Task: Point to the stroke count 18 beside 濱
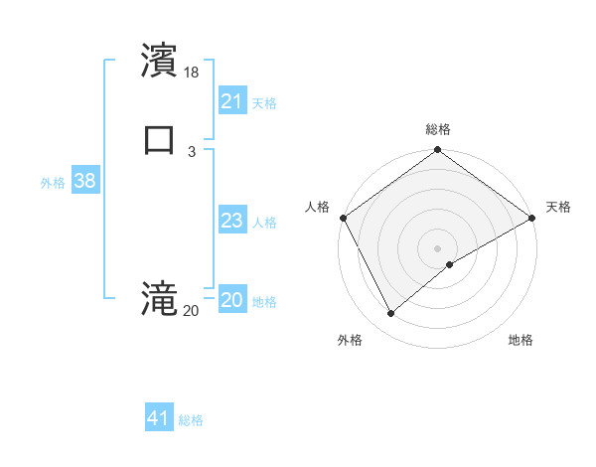tap(192, 73)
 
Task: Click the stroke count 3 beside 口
tap(192, 150)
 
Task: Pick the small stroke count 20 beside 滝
tap(191, 311)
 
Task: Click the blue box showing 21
tap(231, 101)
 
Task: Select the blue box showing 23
tap(231, 221)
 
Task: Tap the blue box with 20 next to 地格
tap(231, 300)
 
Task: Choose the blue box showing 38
tap(84, 181)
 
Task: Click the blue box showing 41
tap(158, 418)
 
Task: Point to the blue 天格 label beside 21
tap(264, 102)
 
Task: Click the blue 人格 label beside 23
tap(264, 222)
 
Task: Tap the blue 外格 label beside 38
tap(53, 182)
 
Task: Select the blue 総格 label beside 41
tap(191, 419)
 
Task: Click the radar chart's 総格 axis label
tap(437, 129)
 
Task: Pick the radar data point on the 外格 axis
tap(390, 313)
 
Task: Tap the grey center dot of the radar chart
tap(437, 248)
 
